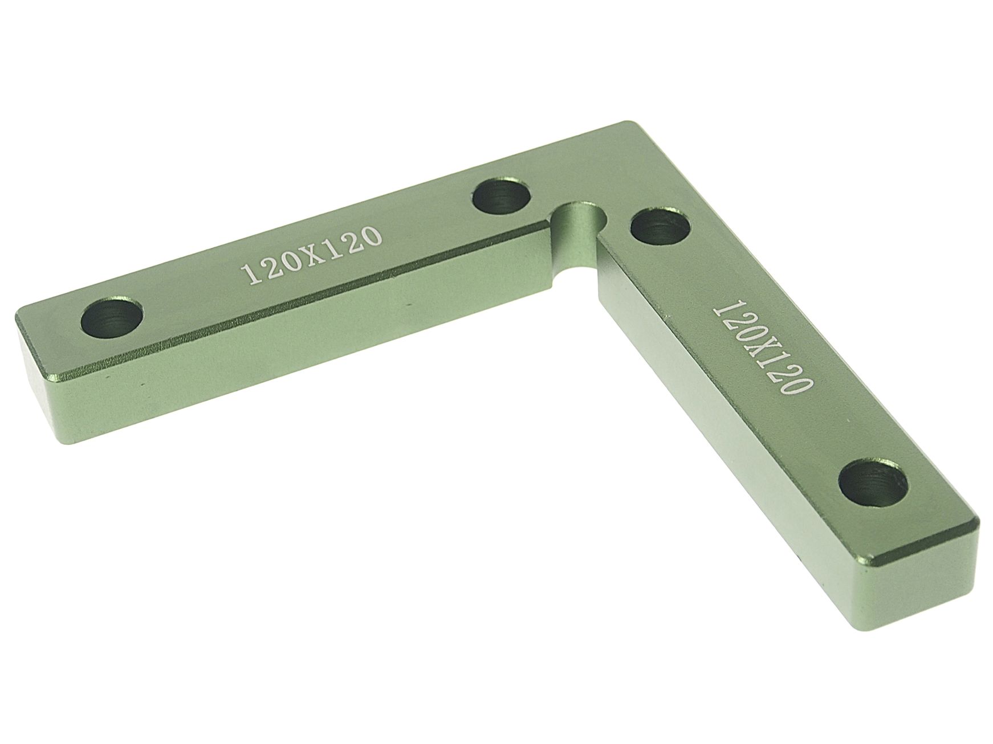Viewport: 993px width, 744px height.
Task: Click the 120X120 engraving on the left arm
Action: tap(311, 255)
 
